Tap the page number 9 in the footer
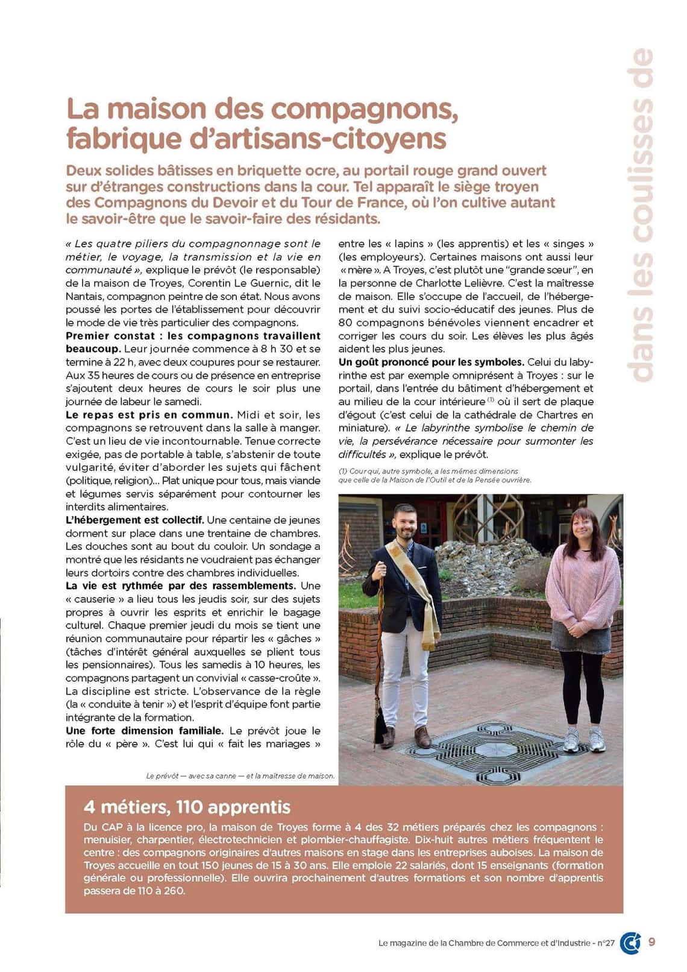coord(652,942)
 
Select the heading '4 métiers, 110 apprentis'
coord(187,807)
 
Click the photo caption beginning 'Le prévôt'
coord(240,775)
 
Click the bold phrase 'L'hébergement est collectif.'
coord(135,520)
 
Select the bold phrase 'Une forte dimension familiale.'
coord(145,730)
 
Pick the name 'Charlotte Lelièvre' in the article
coord(444,283)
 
